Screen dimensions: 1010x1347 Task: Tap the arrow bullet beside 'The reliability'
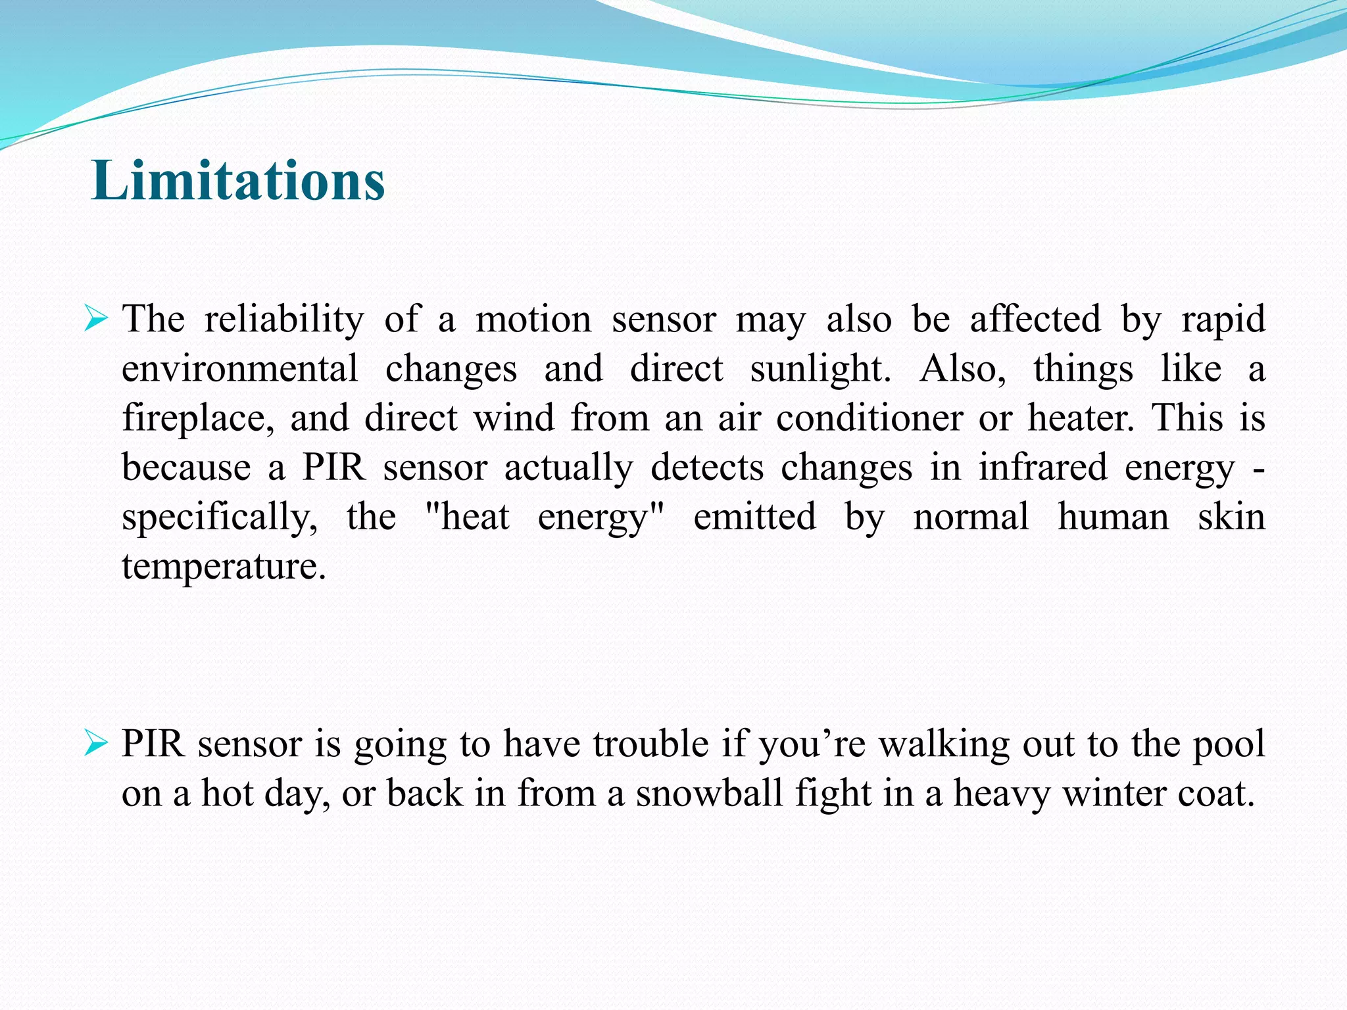click(x=95, y=320)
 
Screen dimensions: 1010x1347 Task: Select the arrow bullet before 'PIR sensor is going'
click(x=95, y=744)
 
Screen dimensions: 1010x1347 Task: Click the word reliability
click(x=283, y=320)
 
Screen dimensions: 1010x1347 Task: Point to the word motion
click(x=533, y=320)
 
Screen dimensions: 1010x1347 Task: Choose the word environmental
click(x=240, y=369)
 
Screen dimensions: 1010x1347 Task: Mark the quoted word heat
click(x=474, y=517)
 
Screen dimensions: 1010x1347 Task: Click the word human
click(x=1113, y=517)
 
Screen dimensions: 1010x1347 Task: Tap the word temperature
click(x=224, y=567)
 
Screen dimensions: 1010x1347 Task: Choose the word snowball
click(x=709, y=793)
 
